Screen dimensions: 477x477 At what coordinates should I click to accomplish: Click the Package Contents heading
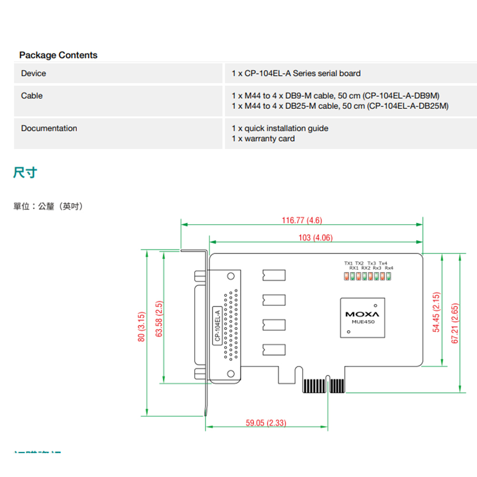(58, 55)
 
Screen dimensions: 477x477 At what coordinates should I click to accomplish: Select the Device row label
(33, 73)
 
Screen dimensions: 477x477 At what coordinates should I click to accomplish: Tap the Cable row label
(31, 96)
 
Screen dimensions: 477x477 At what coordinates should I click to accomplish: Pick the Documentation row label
(49, 128)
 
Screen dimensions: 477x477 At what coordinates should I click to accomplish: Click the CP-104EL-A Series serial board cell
(296, 73)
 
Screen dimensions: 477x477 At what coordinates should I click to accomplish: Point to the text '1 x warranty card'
(263, 139)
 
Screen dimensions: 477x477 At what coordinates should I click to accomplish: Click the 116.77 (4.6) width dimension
(302, 220)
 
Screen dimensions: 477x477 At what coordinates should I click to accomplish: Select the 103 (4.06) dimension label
(315, 238)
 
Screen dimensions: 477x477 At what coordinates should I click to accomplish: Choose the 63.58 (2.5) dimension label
(160, 319)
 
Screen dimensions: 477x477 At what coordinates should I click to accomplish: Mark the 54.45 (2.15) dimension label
(436, 312)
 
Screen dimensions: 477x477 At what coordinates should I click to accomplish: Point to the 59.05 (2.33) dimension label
(266, 423)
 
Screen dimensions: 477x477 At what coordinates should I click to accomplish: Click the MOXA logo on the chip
(362, 314)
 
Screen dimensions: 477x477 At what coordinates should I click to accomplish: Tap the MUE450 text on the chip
(363, 322)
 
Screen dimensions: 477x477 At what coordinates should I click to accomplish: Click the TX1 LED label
(348, 263)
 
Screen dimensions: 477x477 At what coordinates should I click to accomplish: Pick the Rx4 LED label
(389, 268)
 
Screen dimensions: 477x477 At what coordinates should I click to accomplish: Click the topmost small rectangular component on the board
(274, 275)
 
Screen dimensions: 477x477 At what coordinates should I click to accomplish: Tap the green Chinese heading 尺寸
(25, 173)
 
